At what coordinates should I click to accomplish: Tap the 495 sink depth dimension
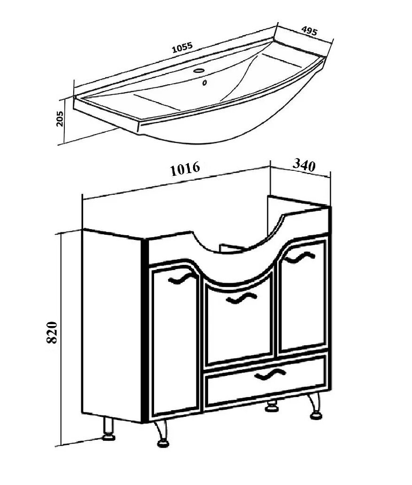pos(309,31)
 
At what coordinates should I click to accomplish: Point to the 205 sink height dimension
pos(60,119)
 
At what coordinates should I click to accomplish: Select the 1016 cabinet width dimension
pos(185,168)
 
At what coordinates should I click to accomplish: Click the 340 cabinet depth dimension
pos(304,165)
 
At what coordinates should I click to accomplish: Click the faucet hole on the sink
pos(199,70)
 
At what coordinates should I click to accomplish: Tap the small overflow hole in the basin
pos(204,83)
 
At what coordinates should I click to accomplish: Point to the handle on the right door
pos(300,257)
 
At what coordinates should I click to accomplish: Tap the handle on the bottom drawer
pos(270,375)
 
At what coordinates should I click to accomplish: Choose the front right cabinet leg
pos(315,406)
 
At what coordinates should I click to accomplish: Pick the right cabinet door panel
pos(303,297)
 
